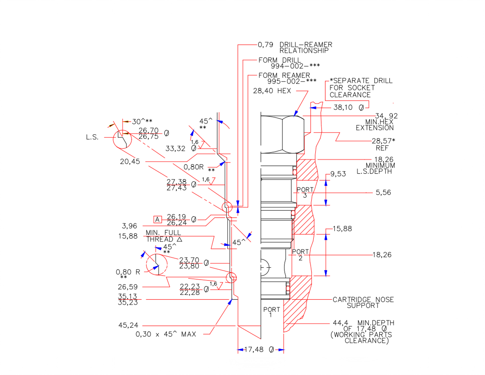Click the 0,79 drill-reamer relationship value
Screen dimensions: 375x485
[265, 45]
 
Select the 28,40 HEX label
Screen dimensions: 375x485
[272, 91]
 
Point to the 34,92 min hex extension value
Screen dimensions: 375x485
[386, 116]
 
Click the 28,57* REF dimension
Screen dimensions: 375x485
[383, 141]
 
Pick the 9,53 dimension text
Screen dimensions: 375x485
[338, 174]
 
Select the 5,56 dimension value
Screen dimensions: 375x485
[383, 192]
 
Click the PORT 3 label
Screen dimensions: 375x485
[305, 192]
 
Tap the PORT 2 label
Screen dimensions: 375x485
[300, 255]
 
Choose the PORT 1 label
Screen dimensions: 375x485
[271, 312]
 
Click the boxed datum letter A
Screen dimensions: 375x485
[157, 219]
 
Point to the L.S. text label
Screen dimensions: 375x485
[92, 137]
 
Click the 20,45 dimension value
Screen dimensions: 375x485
[130, 161]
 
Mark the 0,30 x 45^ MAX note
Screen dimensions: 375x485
[166, 334]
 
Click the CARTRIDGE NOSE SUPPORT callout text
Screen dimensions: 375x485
[363, 302]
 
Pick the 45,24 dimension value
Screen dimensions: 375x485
[128, 325]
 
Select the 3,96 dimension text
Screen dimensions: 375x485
[129, 226]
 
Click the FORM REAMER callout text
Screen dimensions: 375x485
[284, 75]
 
